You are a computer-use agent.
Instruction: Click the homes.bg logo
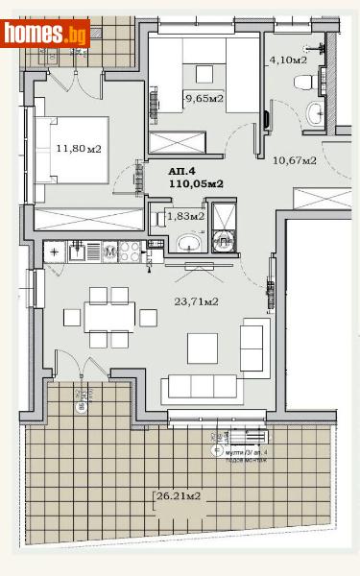[45, 34]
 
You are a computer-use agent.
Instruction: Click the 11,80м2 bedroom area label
[80, 149]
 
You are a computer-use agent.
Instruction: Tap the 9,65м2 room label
[204, 98]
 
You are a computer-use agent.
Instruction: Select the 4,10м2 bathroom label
[288, 59]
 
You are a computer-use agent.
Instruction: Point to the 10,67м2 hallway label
[295, 159]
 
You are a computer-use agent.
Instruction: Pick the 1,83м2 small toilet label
[185, 217]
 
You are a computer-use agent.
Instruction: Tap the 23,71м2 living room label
[196, 300]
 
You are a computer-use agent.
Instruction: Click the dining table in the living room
[109, 317]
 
